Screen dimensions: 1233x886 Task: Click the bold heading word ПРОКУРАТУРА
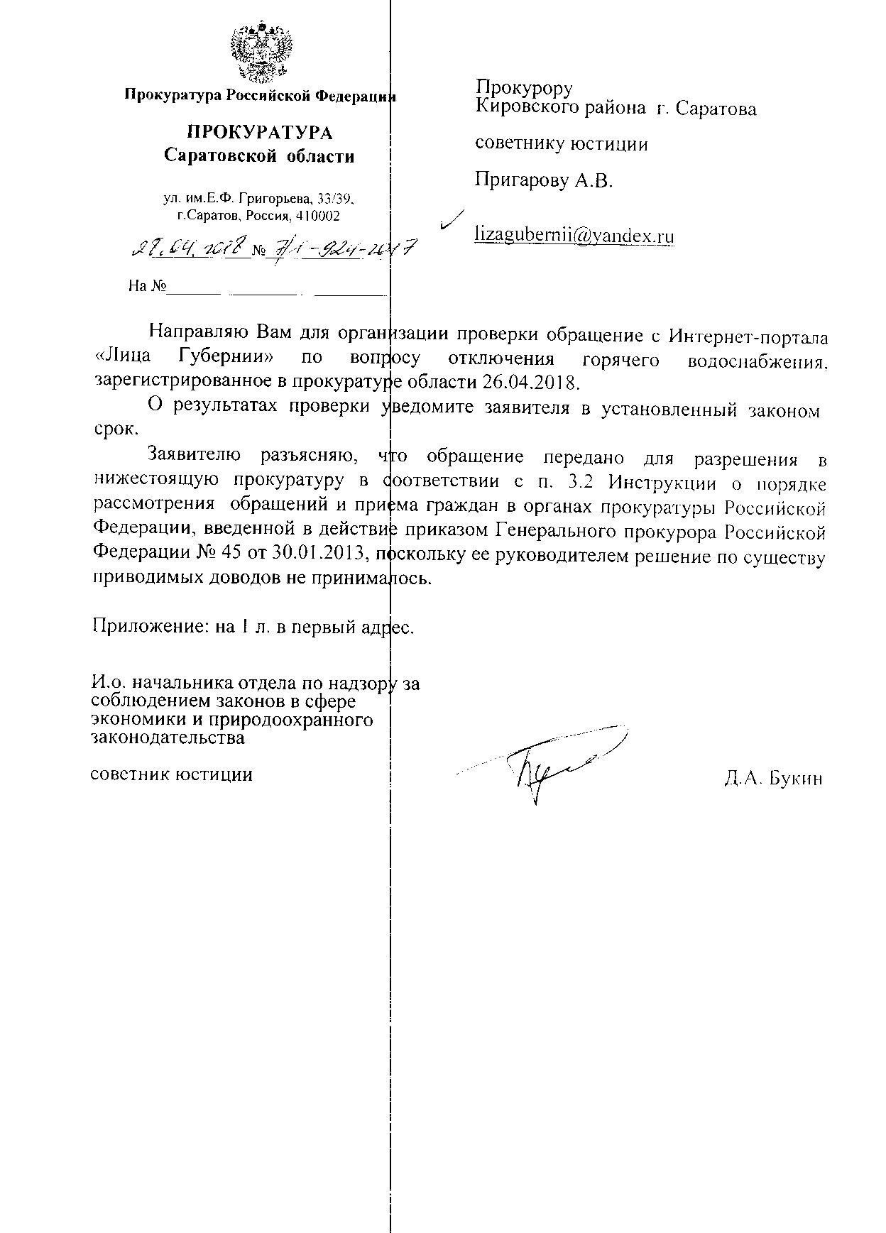point(259,133)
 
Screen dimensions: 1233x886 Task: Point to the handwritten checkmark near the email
point(451,219)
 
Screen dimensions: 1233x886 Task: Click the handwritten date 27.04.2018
point(191,248)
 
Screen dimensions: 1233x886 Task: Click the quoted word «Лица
point(122,358)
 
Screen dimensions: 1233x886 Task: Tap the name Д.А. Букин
point(773,779)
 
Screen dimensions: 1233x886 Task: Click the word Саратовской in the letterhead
point(219,156)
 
